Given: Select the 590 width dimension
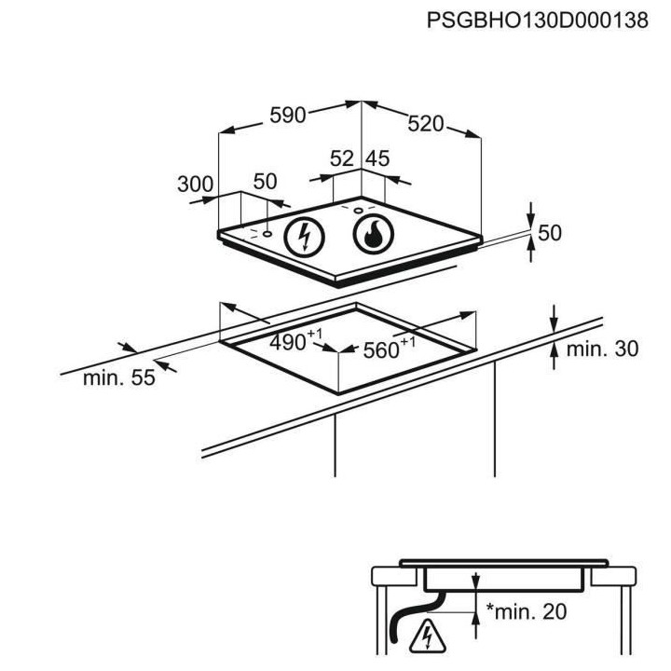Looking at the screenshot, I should (x=288, y=115).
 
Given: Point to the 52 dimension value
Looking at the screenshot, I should (x=343, y=159).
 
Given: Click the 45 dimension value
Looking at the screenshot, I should (x=377, y=159).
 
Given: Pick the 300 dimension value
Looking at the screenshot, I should (x=196, y=184).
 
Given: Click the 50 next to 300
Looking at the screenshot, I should (x=266, y=182).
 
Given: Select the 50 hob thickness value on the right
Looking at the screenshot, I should (x=550, y=233).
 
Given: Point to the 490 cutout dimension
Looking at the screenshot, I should (x=289, y=342).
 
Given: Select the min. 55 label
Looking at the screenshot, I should (x=116, y=378).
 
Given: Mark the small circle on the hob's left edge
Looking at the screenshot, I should (x=268, y=234).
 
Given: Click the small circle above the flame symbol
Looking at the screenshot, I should (x=358, y=211).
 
